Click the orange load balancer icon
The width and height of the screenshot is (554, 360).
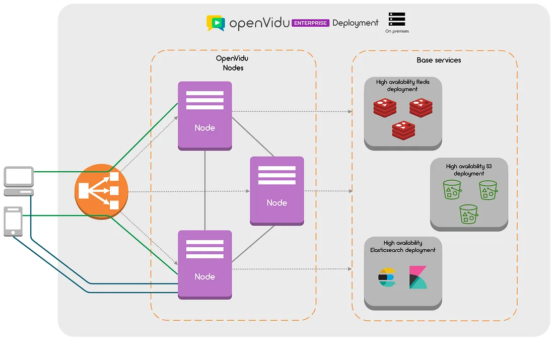[101, 192]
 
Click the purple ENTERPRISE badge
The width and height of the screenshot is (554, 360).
[310, 23]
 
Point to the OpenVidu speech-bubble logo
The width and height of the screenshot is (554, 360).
[216, 23]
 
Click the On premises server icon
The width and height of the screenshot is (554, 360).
[397, 20]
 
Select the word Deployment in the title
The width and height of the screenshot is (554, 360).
[355, 23]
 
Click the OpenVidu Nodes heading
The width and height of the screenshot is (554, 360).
[232, 63]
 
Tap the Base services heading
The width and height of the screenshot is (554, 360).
[439, 60]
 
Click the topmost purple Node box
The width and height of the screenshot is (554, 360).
[205, 116]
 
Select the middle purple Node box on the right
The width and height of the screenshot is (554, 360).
[277, 190]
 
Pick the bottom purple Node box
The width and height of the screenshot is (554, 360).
[205, 264]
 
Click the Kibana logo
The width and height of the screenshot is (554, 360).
[418, 277]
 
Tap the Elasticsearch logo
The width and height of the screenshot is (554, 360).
[387, 278]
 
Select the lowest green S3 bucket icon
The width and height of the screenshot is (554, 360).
[468, 214]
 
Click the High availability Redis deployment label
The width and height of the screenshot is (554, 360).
[402, 86]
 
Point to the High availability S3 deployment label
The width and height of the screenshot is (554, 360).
[468, 170]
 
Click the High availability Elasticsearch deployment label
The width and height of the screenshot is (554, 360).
[402, 246]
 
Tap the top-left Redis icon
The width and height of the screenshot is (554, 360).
[385, 108]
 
